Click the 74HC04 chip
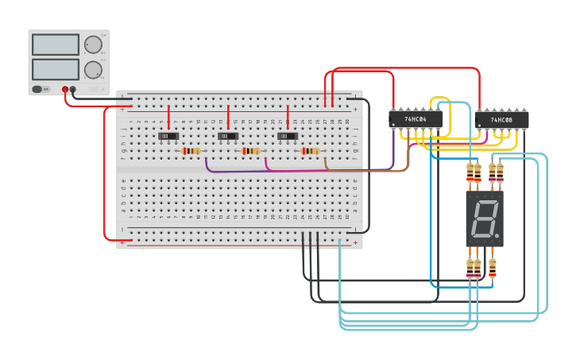(416, 119)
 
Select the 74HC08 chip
(501, 120)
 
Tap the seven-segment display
(484, 218)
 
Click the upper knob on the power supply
(93, 45)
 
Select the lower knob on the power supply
(93, 69)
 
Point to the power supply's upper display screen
(56, 45)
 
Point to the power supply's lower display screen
(56, 69)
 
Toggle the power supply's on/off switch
(41, 89)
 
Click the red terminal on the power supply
(65, 90)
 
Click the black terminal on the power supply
(73, 90)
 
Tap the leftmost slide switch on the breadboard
(168, 136)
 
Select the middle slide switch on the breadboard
(228, 136)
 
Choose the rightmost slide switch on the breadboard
(288, 136)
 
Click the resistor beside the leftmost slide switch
(191, 151)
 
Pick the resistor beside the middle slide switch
(251, 151)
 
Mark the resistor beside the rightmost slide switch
(311, 151)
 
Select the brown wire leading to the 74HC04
(365, 170)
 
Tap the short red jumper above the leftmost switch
(168, 115)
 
